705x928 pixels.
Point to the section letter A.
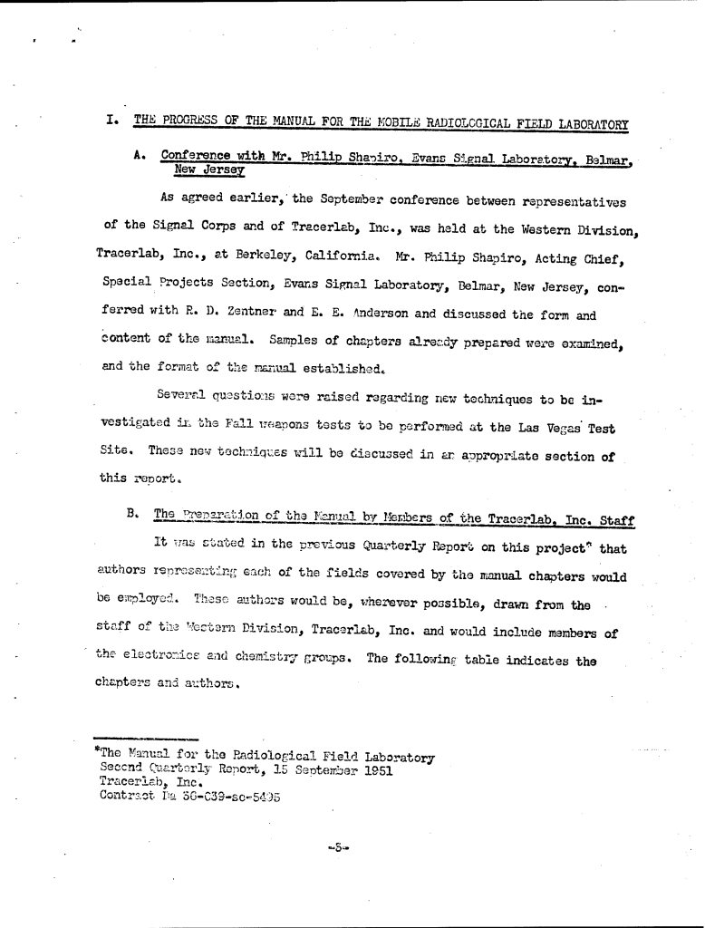140,155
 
